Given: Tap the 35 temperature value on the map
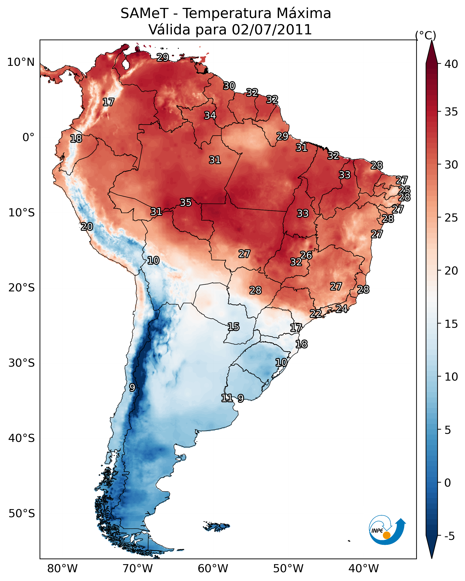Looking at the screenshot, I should [186, 202].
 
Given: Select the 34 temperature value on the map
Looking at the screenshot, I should [210, 115].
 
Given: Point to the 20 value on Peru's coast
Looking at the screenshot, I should [87, 227].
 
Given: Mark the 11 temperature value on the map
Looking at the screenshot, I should [227, 398].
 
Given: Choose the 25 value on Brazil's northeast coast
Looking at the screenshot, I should [404, 190].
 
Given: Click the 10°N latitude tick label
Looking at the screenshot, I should [21, 62].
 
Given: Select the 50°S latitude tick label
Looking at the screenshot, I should [22, 514].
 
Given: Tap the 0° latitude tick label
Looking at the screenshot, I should [28, 137].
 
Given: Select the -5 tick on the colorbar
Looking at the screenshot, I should [449, 536].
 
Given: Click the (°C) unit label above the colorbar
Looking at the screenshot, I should [425, 35].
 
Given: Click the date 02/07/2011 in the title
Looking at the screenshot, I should [272, 30].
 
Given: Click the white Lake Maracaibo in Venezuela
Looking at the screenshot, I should [126, 64].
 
